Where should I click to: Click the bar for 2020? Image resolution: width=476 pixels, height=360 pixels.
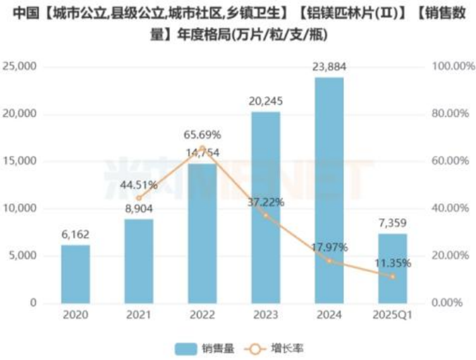point(75,274)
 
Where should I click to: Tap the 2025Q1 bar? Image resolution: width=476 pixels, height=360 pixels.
point(392,268)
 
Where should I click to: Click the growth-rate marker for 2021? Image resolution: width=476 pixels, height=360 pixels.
point(139,198)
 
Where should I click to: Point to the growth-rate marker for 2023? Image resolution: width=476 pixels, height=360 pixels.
point(266,215)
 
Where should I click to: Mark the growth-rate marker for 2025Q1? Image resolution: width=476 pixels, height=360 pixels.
point(392,276)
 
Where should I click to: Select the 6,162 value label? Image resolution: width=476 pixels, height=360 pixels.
point(75,234)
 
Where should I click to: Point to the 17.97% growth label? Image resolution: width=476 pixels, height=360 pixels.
point(329,247)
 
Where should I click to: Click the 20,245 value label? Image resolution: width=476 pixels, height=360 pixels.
point(266,101)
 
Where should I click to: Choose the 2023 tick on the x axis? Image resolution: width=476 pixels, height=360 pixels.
point(266,314)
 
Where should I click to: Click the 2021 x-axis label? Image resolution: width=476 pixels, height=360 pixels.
point(139,314)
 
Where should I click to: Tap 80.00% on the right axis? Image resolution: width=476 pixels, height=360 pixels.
point(447,114)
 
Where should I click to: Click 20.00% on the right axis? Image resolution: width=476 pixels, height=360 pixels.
point(447,256)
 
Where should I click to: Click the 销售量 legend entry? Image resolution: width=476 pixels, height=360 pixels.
point(202,348)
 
